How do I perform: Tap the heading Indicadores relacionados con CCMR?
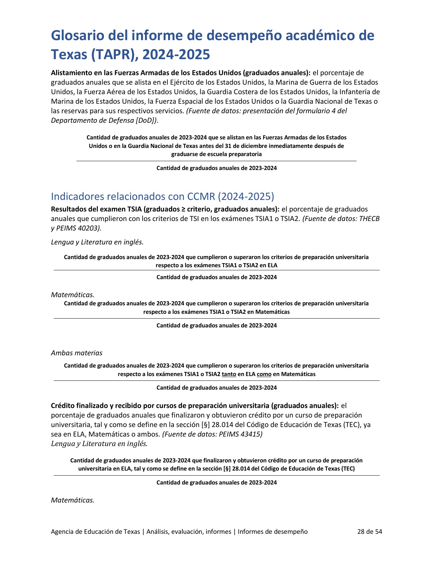click(x=162, y=197)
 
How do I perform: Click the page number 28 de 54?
click(x=369, y=531)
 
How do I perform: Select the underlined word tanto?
click(x=229, y=374)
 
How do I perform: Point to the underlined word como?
click(x=264, y=374)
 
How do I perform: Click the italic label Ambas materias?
click(x=76, y=353)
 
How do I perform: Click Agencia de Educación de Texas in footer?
click(x=95, y=531)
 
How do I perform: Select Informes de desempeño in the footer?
click(x=272, y=531)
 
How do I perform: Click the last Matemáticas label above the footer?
click(x=72, y=500)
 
